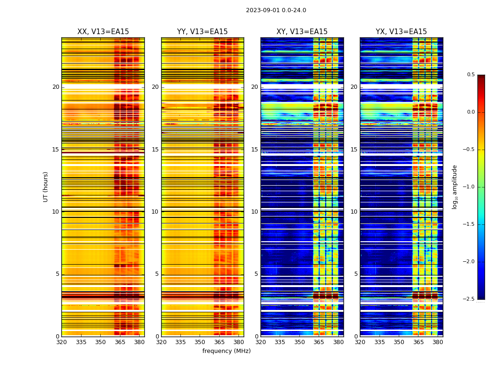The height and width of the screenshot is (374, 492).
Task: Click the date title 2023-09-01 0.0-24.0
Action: [x=276, y=10]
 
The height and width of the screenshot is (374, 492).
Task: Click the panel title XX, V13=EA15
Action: [x=103, y=32]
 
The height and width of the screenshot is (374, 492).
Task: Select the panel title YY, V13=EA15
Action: [x=202, y=32]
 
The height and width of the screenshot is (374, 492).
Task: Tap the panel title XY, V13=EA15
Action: [x=302, y=32]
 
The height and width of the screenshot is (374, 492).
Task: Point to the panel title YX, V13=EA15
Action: [x=401, y=32]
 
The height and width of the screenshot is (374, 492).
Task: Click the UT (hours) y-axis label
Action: [x=46, y=187]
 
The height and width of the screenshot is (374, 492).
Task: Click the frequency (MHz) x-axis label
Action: [x=226, y=351]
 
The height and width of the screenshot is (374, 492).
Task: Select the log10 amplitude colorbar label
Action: [x=455, y=187]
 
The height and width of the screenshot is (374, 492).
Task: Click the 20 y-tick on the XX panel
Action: [x=56, y=87]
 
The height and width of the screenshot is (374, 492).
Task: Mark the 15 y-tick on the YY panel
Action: [x=155, y=150]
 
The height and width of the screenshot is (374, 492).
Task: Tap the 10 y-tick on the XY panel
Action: [x=254, y=212]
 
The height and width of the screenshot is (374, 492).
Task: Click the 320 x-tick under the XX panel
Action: [x=61, y=343]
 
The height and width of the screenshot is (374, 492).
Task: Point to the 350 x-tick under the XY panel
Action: [x=299, y=343]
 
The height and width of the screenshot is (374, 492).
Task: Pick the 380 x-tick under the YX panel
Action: [x=438, y=343]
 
